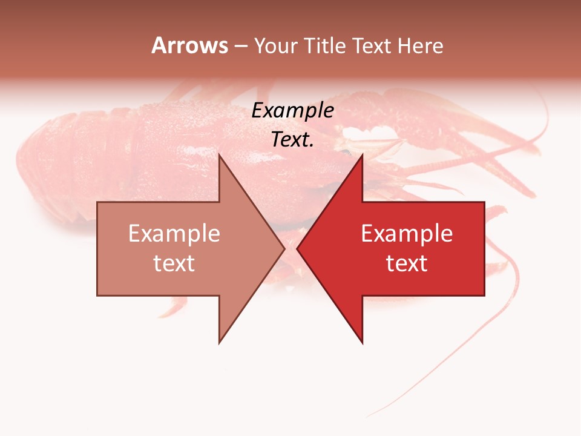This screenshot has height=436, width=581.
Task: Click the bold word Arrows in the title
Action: coord(190,45)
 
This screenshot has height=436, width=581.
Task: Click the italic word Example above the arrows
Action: coord(292,111)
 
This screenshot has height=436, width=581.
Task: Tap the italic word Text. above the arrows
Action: coord(292,139)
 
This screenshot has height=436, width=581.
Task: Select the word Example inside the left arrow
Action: coord(174,234)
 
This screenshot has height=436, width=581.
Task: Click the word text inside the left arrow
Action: coord(174,263)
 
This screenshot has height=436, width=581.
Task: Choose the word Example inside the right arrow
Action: coord(407,234)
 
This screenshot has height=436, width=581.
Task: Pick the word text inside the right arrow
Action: coord(407,263)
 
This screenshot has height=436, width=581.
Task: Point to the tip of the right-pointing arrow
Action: coord(284,248)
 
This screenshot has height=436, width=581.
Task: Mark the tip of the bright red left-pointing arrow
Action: coord(298,248)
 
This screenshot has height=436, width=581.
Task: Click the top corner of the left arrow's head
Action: coord(220,155)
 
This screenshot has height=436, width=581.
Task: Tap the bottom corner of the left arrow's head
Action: coord(220,343)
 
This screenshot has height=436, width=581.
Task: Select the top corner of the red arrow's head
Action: coord(362,155)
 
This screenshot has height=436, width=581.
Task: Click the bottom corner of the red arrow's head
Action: coord(362,343)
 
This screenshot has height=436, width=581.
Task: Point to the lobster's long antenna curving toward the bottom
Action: coord(484,339)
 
